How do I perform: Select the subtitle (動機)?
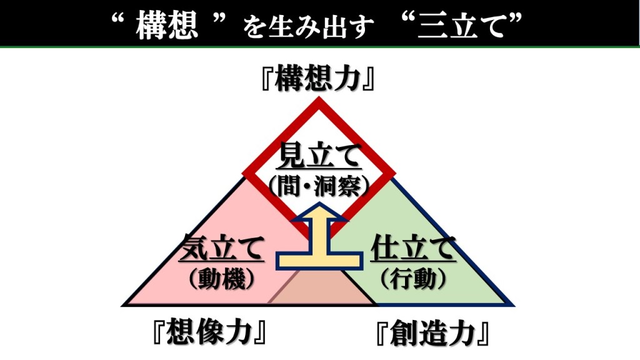[x=222, y=278]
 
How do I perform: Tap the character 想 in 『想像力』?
[x=182, y=333]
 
